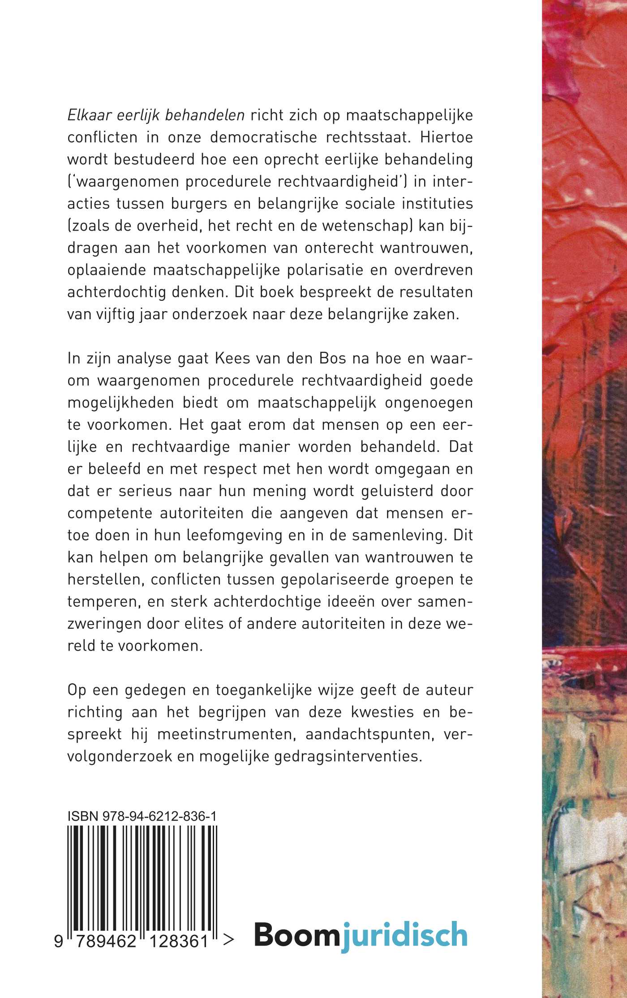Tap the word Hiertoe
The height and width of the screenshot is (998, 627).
tap(447, 137)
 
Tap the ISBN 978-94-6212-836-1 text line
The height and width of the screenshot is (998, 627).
tap(142, 816)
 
